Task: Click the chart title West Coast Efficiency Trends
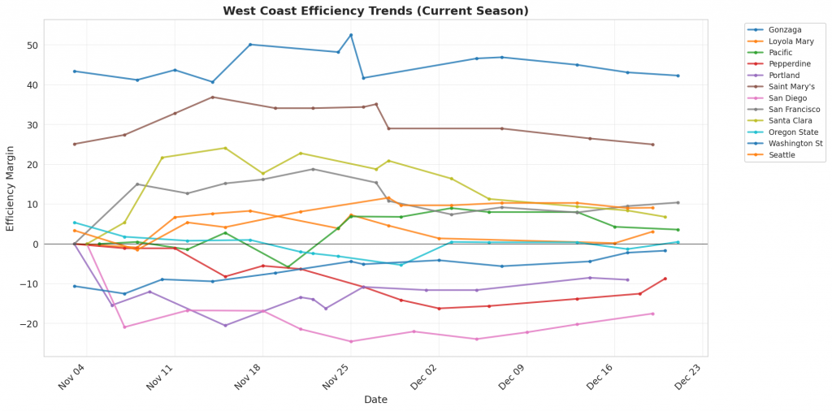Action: coord(375,11)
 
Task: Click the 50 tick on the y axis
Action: coord(33,45)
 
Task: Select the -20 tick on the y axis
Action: coord(30,324)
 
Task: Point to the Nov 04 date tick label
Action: coord(72,375)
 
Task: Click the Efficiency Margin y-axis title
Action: coord(11,188)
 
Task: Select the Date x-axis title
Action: coord(375,400)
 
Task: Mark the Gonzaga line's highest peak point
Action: coord(351,35)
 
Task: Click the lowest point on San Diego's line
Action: coord(351,341)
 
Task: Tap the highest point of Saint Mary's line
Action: coord(213,97)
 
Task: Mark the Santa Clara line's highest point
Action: coord(225,148)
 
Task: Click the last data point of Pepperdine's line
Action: coord(665,279)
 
